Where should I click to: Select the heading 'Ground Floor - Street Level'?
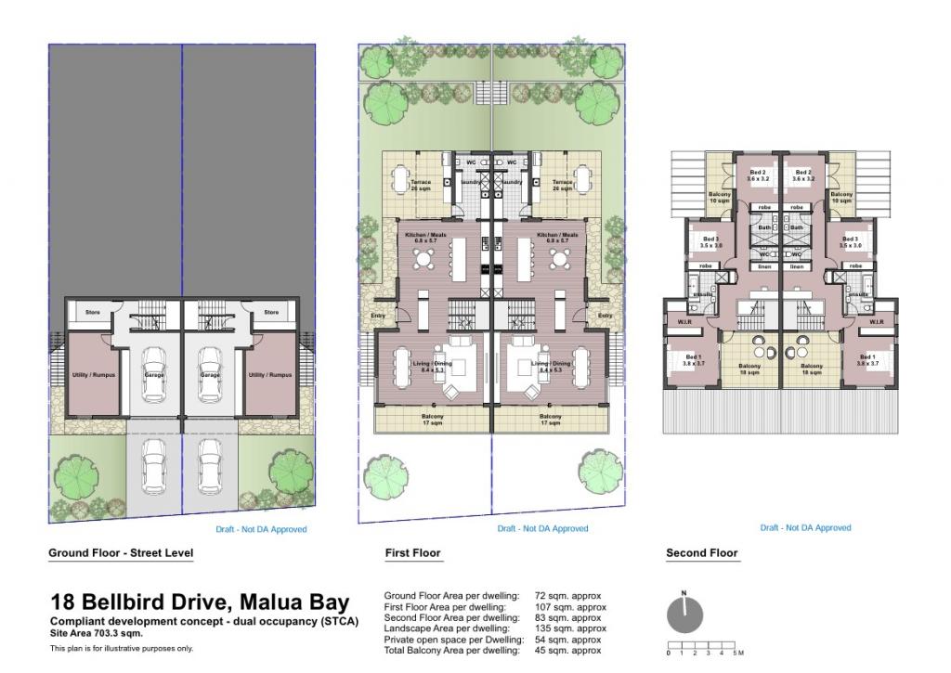pos(121,553)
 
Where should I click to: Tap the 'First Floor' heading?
pos(412,553)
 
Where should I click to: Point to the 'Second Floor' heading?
pos(701,553)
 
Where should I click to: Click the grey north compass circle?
pos(685,615)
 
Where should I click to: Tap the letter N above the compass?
pos(684,592)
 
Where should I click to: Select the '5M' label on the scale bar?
pos(737,654)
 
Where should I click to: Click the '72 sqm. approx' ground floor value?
pos(567,596)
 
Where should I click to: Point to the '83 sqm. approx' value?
pos(567,618)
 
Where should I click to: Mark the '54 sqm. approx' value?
pos(567,641)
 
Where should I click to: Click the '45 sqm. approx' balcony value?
pos(567,651)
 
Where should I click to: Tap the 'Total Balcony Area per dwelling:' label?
pos(451,651)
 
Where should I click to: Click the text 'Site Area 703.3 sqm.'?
pos(98,632)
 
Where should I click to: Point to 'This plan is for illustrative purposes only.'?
pos(122,649)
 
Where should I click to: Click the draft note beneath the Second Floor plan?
pos(805,527)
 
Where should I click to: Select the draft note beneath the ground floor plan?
pos(261,529)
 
